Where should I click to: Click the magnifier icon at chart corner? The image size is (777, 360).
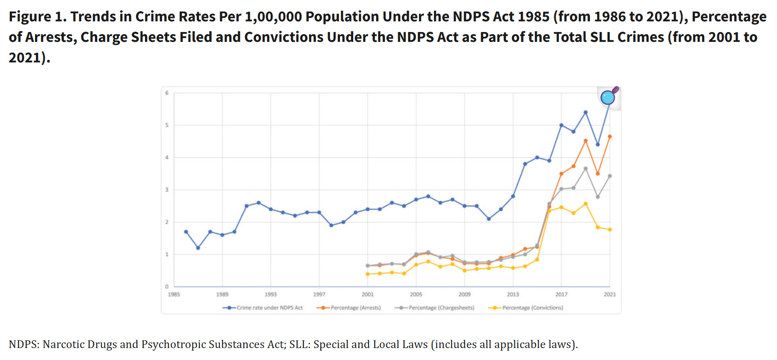(x=608, y=97)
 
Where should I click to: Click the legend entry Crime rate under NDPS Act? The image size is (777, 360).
(x=269, y=308)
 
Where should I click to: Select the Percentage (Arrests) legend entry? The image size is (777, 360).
(x=355, y=308)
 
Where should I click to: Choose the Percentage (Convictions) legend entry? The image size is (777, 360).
(x=532, y=308)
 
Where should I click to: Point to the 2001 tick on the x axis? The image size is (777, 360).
(x=367, y=295)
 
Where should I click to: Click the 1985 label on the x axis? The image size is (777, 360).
(x=174, y=295)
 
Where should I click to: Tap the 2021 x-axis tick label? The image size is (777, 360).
(x=610, y=295)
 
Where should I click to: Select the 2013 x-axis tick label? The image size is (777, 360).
(x=513, y=295)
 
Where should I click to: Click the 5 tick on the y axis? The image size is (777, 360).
(x=167, y=125)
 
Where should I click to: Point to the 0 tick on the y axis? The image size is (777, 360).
(x=167, y=286)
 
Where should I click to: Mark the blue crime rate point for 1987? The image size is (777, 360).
(x=198, y=248)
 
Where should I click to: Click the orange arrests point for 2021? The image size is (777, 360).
(x=610, y=137)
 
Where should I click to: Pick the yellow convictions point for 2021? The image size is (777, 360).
(x=610, y=230)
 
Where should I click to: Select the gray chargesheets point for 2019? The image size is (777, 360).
(x=585, y=168)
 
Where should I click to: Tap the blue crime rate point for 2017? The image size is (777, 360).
(x=561, y=125)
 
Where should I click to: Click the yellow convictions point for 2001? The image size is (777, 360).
(x=367, y=274)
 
